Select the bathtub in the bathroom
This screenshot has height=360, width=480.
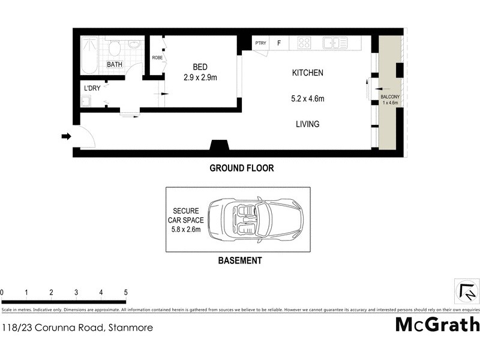(x=90, y=55)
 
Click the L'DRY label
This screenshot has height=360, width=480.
(x=92, y=88)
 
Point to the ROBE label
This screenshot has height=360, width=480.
(x=157, y=58)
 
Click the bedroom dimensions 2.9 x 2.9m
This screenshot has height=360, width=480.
(x=199, y=77)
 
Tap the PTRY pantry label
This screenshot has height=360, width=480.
(x=260, y=43)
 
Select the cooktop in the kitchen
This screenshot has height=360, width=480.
(x=304, y=43)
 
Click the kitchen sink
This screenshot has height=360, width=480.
(x=335, y=43)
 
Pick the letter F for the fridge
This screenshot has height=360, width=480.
(x=278, y=43)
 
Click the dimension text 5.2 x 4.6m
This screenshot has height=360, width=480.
(x=307, y=98)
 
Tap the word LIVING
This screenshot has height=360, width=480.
(x=307, y=124)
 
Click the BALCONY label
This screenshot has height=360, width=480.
(x=389, y=97)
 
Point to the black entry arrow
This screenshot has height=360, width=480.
(x=66, y=137)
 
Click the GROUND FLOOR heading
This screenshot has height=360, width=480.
(x=241, y=169)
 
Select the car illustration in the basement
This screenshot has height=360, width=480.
(x=255, y=220)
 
